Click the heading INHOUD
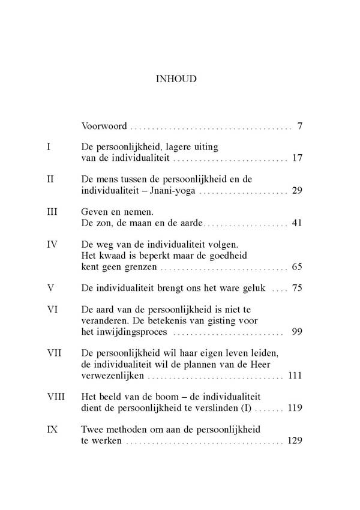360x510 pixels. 180,78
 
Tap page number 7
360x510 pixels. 298,127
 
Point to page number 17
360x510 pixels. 296,159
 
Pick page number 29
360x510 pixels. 296,191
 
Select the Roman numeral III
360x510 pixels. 52,211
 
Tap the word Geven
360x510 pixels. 95,211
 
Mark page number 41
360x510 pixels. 296,224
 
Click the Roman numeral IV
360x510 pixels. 52,244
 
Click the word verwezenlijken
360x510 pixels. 113,377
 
